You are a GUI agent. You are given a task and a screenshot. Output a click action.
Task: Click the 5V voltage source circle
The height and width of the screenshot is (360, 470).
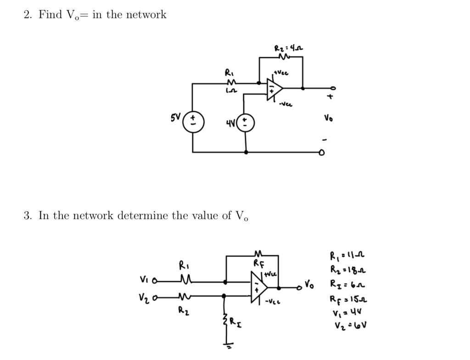193,124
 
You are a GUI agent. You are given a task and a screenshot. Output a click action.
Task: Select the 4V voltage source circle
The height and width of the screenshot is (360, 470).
245,123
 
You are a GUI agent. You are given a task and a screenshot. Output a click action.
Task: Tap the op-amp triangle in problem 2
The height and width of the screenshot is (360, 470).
274,88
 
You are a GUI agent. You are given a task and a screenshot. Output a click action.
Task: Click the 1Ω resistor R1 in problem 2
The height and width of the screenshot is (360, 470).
229,83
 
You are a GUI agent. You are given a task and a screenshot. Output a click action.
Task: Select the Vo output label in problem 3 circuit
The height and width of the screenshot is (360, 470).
309,285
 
